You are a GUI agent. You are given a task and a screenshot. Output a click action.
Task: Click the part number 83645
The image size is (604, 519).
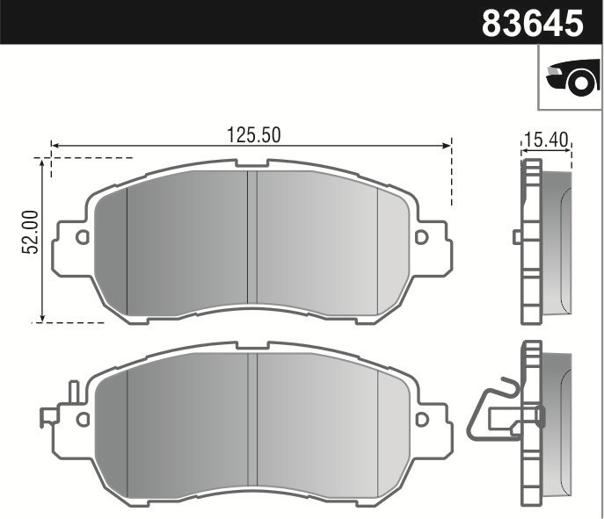click(533, 22)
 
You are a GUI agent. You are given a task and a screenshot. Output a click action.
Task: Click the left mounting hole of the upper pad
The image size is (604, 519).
click(82, 237)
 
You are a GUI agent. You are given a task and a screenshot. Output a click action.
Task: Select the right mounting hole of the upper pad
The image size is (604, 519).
click(421, 237)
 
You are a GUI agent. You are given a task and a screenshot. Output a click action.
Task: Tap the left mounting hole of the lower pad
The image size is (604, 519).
click(82, 421)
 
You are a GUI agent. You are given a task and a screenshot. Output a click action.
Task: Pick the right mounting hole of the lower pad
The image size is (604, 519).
click(421, 421)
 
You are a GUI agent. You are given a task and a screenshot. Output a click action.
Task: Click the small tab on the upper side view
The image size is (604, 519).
click(518, 236)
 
